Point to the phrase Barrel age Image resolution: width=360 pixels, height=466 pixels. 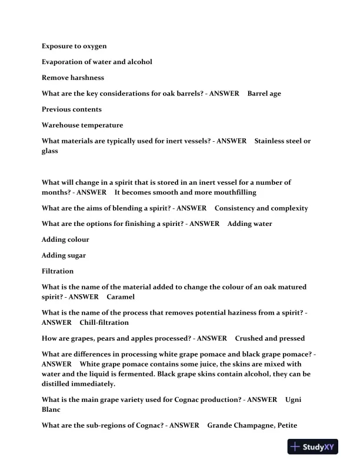tap(264, 94)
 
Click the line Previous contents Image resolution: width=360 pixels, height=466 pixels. tap(71, 109)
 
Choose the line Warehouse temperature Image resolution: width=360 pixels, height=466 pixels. tap(82, 125)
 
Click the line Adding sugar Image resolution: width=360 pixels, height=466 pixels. tap(64, 255)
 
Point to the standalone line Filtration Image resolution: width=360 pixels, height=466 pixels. tap(58, 271)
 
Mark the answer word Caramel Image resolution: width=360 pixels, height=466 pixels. tap(121, 297)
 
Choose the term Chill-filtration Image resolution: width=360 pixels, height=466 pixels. tap(104, 322)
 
